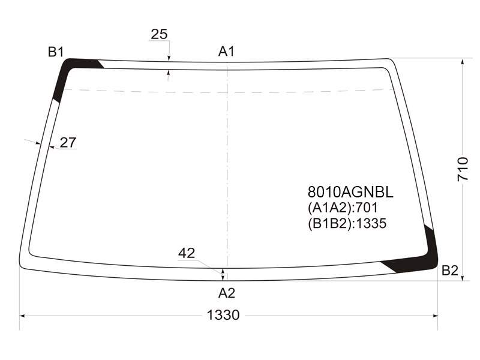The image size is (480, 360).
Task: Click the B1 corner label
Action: point(56,52)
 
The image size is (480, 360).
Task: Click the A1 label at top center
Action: point(226,52)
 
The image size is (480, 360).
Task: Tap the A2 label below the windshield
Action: point(227,293)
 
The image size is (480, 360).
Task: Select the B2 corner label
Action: point(449,271)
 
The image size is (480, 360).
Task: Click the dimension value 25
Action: point(159,34)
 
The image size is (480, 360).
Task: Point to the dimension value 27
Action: point(68,143)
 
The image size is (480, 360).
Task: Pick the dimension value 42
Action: point(187,253)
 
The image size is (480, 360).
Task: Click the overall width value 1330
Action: point(223,315)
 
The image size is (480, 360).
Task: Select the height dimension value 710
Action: point(463,169)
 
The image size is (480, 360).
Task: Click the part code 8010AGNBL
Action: point(350,192)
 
